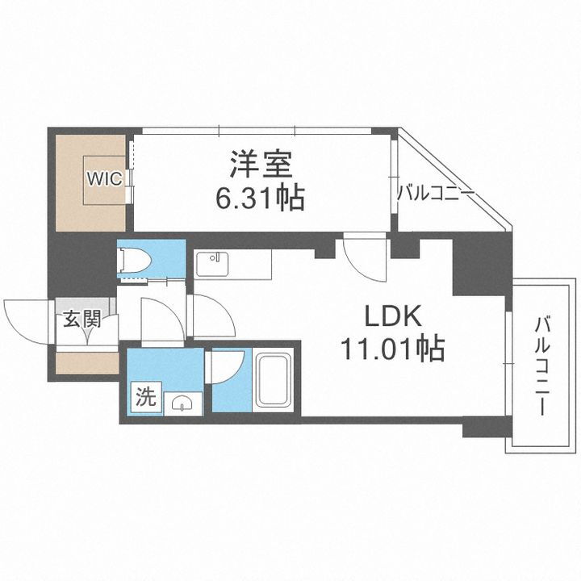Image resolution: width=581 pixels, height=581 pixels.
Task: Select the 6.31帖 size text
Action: (258, 198)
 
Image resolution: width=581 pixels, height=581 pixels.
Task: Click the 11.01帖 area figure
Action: (391, 349)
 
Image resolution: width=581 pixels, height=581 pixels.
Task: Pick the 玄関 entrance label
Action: (79, 319)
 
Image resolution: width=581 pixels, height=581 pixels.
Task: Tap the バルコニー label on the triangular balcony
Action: (435, 194)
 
